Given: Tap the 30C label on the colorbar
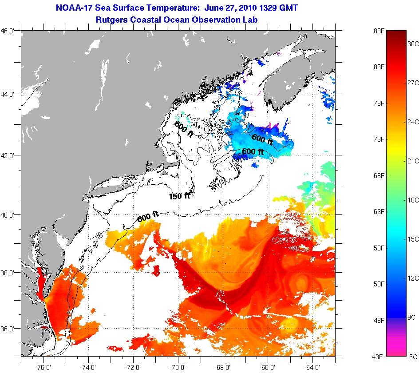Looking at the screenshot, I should [413, 44].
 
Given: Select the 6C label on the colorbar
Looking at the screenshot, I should [413, 357].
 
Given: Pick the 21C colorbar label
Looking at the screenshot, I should [413, 161].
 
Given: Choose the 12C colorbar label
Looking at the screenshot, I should [413, 278].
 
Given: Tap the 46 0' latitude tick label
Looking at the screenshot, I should [9, 31].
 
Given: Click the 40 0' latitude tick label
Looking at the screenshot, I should [9, 215].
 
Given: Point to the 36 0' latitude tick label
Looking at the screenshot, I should [9, 329].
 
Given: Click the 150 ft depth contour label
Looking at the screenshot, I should [179, 196].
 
